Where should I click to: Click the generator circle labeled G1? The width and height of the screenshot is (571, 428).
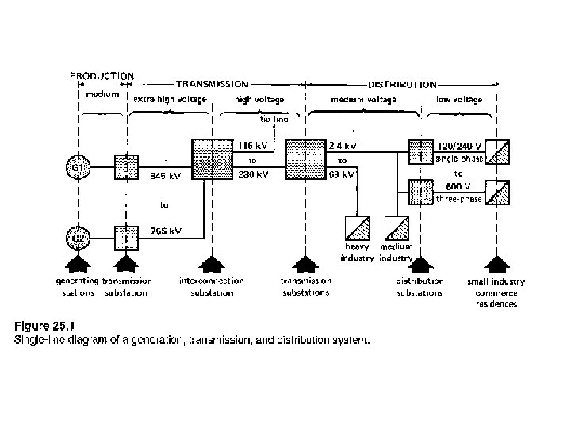pyautogui.click(x=76, y=167)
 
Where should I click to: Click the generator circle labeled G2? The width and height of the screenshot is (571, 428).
pyautogui.click(x=76, y=236)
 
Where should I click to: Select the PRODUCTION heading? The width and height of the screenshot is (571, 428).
pyautogui.click(x=102, y=76)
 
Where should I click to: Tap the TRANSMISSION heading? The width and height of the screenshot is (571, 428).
pyautogui.click(x=212, y=83)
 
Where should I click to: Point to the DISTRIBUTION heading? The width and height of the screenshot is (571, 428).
pyautogui.click(x=402, y=83)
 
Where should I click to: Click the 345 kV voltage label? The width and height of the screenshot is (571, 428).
pyautogui.click(x=165, y=178)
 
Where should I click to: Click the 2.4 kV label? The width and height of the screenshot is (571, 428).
pyautogui.click(x=343, y=146)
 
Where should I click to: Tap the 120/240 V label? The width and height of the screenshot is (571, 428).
pyautogui.click(x=459, y=146)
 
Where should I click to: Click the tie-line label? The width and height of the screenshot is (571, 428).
pyautogui.click(x=274, y=120)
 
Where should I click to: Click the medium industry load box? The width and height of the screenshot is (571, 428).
pyautogui.click(x=396, y=229)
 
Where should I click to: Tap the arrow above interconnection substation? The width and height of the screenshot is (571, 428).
pyautogui.click(x=209, y=264)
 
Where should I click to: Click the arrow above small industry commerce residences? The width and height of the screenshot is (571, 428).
pyautogui.click(x=497, y=264)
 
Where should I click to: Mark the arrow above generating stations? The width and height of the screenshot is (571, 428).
pyautogui.click(x=76, y=264)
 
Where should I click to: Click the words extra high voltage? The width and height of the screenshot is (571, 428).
pyautogui.click(x=170, y=99)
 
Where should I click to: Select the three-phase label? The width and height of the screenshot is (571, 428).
pyautogui.click(x=458, y=199)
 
